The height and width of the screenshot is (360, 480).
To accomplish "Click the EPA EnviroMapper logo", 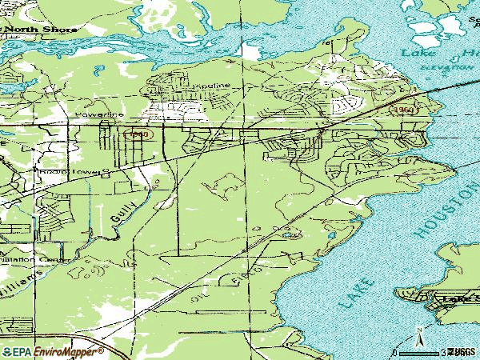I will coord(48,350).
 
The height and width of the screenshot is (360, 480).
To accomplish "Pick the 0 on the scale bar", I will coord(395,351).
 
